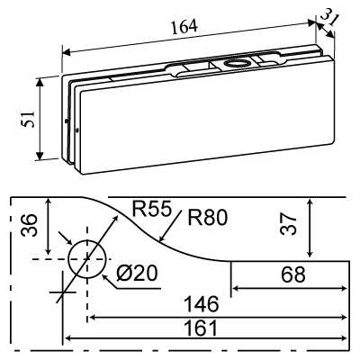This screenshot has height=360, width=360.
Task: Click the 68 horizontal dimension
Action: point(292,275)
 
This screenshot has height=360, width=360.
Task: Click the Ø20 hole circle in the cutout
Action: point(86,258)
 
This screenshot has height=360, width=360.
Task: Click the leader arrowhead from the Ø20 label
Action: point(107,275)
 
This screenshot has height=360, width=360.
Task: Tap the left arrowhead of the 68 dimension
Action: point(236,289)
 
